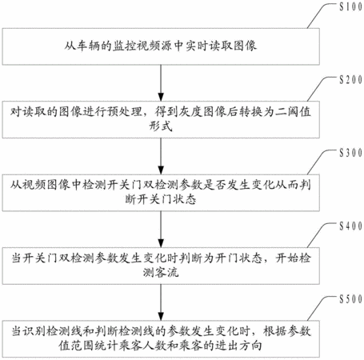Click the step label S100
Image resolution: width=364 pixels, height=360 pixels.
coord(351,6)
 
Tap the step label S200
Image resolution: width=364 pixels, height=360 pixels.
coord(351,80)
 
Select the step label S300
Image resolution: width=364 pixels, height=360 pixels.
coord(351,153)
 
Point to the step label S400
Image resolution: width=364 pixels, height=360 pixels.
coord(351,226)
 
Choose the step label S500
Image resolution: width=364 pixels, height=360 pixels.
coord(351,299)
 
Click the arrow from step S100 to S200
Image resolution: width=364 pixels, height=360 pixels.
coord(161,83)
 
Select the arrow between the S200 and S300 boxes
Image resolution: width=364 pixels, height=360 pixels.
coord(161,156)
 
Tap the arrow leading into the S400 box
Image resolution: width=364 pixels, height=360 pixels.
coord(161,230)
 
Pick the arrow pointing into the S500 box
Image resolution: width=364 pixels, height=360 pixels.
coord(161,302)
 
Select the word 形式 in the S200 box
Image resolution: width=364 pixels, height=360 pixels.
coord(161,126)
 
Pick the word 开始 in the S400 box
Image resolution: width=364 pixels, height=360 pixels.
coord(287,258)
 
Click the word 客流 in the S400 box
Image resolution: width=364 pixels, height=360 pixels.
coord(166,272)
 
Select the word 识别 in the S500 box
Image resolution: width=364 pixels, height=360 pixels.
coord(34,331)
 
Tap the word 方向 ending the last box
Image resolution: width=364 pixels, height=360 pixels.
coord(250,346)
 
